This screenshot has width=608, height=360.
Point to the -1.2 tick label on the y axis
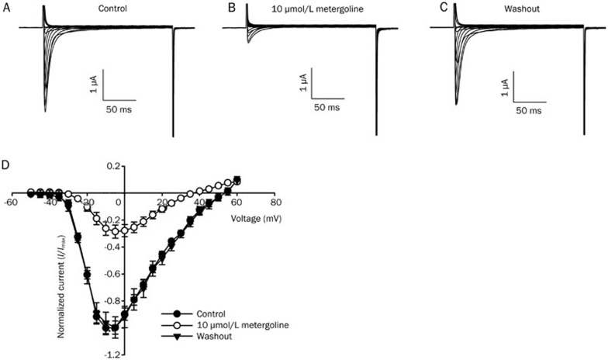click(109, 355)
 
